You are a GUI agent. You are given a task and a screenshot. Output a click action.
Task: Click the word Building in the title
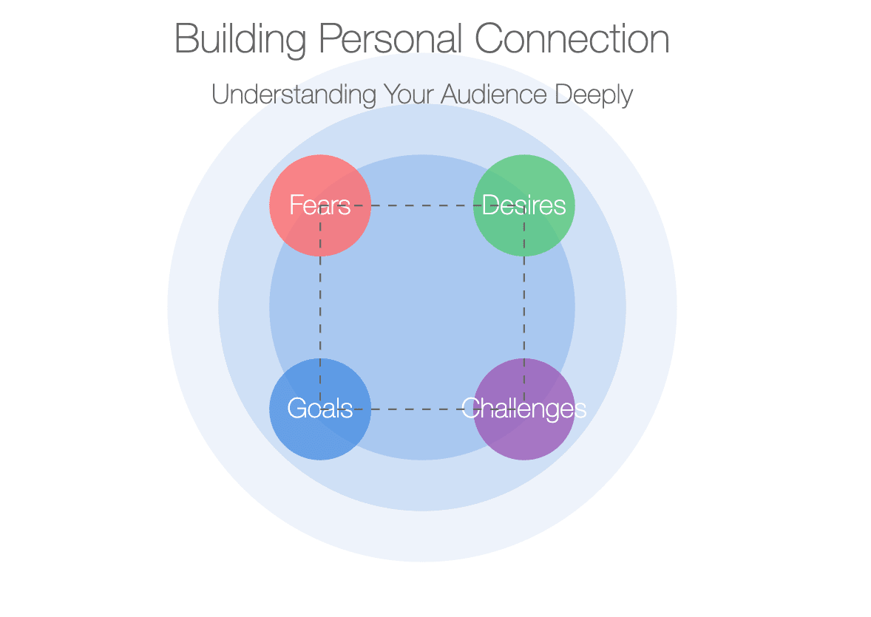click(240, 39)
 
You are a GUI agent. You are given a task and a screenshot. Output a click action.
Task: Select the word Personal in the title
click(390, 38)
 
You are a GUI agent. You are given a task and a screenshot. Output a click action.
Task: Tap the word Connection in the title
click(572, 38)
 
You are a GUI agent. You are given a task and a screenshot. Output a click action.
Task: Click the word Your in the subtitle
click(409, 94)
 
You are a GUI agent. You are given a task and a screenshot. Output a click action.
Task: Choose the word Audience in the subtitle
click(494, 94)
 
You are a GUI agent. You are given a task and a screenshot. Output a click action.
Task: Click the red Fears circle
click(320, 205)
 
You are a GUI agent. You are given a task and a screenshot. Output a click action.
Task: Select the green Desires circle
click(523, 205)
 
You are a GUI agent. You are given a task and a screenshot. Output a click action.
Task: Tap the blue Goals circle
click(320, 409)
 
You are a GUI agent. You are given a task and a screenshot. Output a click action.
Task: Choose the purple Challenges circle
click(523, 409)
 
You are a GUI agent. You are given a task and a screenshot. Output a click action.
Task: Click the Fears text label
click(320, 205)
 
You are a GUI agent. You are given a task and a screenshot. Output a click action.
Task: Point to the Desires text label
click(523, 205)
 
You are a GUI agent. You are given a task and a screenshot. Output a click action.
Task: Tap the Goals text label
click(320, 409)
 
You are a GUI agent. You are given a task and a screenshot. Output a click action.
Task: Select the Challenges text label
click(523, 409)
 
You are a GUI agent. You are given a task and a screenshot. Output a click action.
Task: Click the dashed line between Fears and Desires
click(422, 205)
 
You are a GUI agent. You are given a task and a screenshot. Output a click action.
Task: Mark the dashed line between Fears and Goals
click(320, 307)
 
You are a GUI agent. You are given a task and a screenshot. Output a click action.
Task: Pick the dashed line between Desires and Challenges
click(523, 307)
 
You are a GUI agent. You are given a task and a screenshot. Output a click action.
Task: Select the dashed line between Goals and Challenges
click(422, 409)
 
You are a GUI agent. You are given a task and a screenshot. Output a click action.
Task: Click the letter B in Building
click(186, 38)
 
